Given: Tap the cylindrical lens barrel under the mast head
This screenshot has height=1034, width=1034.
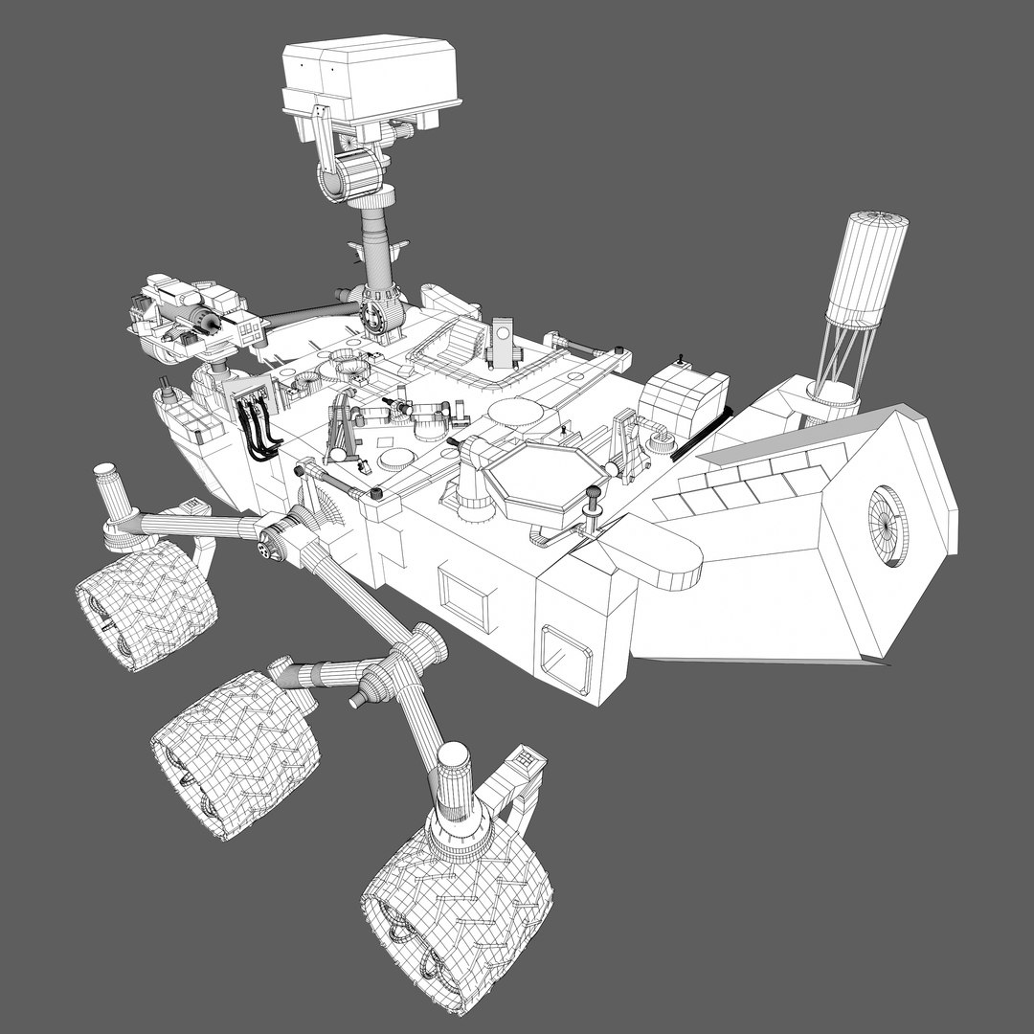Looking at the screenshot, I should (x=351, y=174).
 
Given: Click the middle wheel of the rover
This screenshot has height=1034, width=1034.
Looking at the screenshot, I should (x=235, y=753).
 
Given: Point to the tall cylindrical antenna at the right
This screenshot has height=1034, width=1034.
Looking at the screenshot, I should (x=867, y=268).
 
